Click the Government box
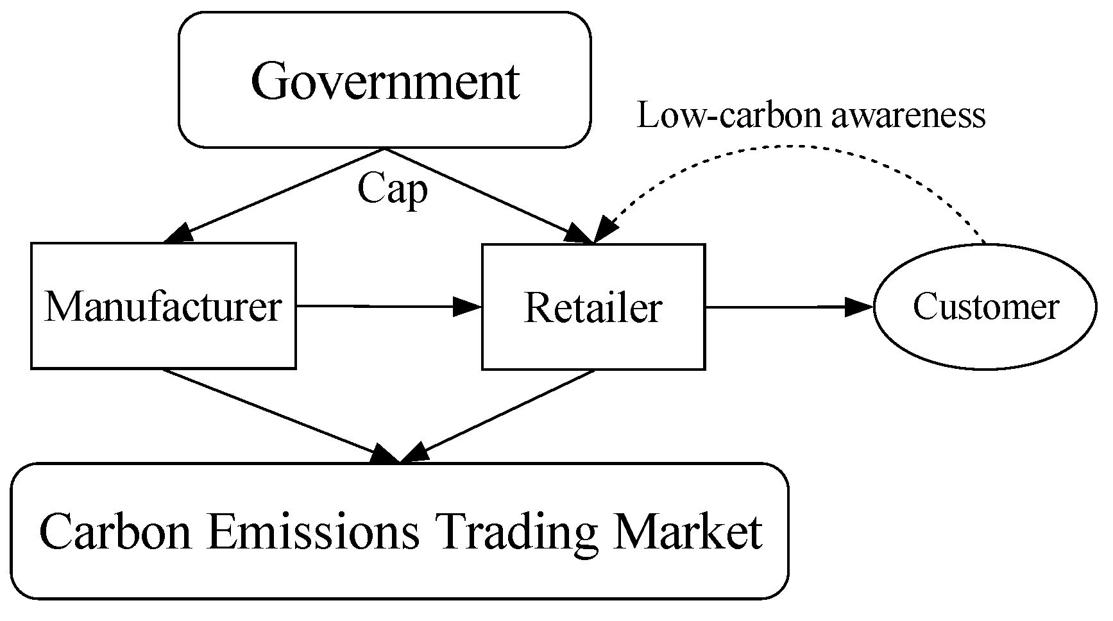pyautogui.click(x=384, y=80)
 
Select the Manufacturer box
pyautogui.click(x=163, y=307)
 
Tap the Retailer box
pyautogui.click(x=593, y=307)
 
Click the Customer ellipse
pyautogui.click(x=985, y=307)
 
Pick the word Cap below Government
pyautogui.click(x=392, y=190)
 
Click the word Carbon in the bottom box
pyautogui.click(x=115, y=531)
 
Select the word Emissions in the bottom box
pyautogui.click(x=314, y=531)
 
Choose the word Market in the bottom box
pyautogui.click(x=687, y=531)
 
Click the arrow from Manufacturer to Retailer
pyautogui.click(x=385, y=307)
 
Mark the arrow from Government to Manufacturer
pyautogui.click(x=276, y=195)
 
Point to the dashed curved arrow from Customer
pyautogui.click(x=802, y=146)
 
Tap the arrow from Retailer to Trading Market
pyautogui.click(x=500, y=415)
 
